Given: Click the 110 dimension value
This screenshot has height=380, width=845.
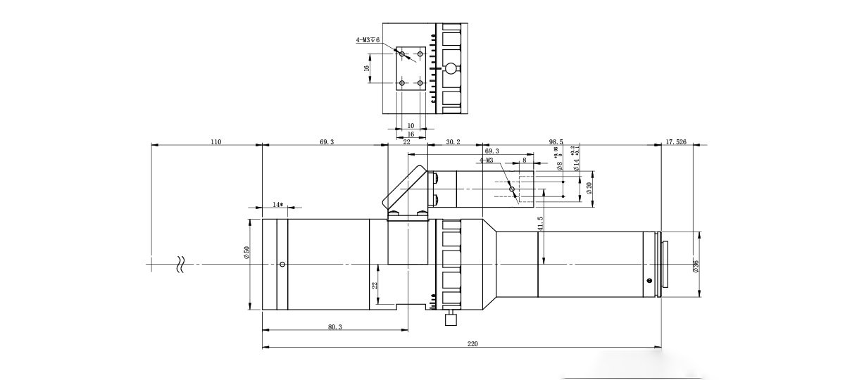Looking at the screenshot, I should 215,142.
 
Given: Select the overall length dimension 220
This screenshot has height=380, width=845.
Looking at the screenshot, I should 472,343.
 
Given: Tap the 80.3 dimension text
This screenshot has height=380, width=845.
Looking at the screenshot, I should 334,327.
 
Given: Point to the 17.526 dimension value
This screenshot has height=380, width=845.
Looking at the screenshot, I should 675,142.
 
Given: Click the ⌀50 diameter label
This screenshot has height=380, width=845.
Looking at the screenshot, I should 246,253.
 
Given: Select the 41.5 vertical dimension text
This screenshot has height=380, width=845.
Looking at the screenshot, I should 540,224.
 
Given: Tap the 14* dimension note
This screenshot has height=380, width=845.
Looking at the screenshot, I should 277,205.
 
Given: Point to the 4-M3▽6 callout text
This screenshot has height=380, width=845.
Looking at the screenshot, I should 368,41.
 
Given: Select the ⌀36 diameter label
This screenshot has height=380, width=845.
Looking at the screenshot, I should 696,265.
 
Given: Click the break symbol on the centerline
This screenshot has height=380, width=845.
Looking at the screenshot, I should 180,265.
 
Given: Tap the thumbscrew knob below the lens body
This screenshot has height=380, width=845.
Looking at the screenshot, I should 451,319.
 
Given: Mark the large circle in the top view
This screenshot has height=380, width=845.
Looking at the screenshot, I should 450,68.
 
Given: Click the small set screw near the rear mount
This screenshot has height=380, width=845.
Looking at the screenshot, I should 649,281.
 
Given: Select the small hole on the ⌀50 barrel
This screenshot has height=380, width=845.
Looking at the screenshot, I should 282,265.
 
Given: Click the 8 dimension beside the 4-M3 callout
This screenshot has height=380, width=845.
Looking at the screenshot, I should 525,160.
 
